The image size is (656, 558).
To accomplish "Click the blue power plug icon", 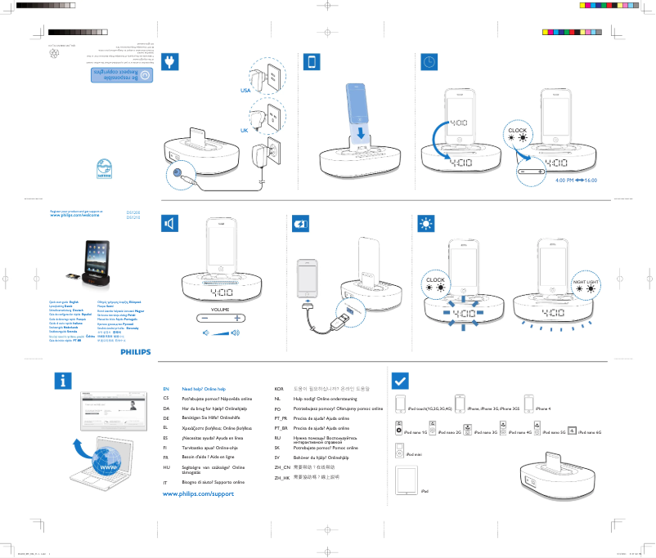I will [x=171, y=63].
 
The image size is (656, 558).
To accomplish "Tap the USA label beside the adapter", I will [x=245, y=91].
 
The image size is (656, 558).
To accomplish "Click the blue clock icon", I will [x=429, y=63].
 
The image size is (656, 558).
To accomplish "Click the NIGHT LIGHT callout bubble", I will [x=586, y=283].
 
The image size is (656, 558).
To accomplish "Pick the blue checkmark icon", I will [x=401, y=382].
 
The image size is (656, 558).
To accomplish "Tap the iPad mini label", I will [x=413, y=453].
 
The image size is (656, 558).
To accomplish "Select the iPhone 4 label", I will [x=543, y=408].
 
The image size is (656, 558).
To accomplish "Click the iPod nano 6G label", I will [x=589, y=431].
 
